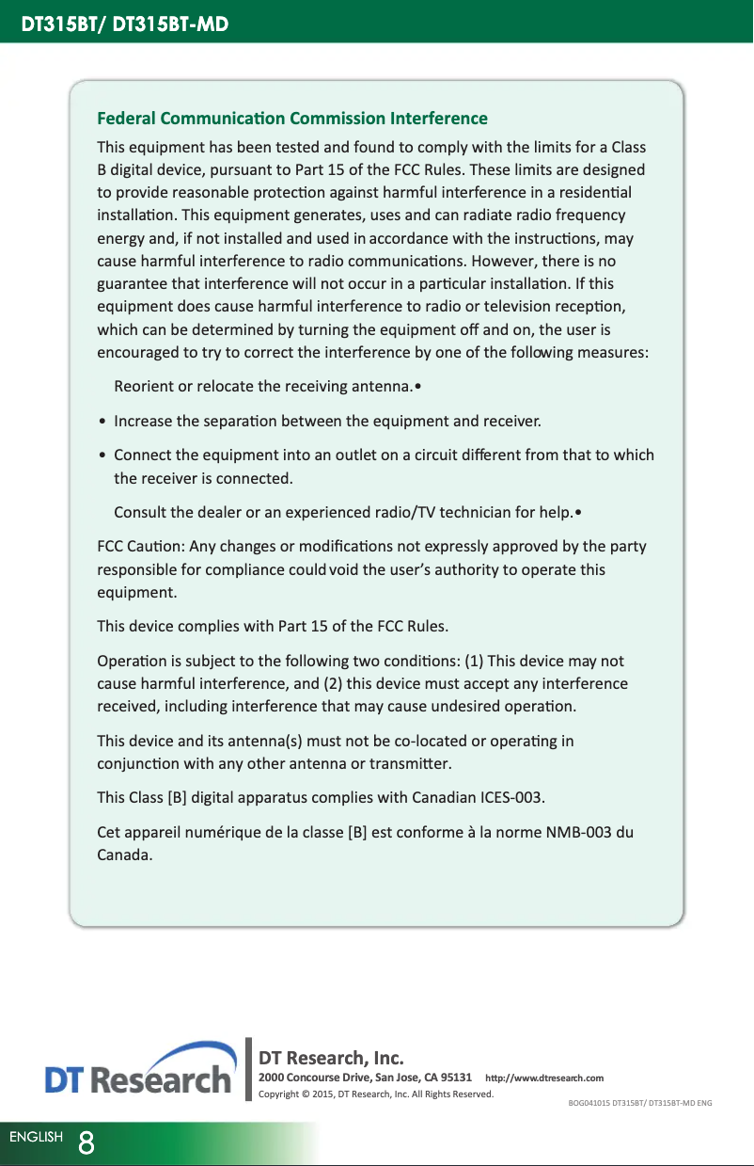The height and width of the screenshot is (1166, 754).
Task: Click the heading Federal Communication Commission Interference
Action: (292, 119)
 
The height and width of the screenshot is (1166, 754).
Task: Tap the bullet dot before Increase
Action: (102, 420)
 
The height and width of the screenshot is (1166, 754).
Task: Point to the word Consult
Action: (140, 513)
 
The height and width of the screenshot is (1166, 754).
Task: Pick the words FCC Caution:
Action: (141, 547)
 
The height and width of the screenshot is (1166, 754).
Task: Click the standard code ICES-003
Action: (511, 799)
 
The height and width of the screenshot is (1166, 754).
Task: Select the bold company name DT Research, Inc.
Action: (331, 1059)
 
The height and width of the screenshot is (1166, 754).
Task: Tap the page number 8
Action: (86, 1142)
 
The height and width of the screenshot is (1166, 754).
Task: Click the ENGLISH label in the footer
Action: (36, 1137)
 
